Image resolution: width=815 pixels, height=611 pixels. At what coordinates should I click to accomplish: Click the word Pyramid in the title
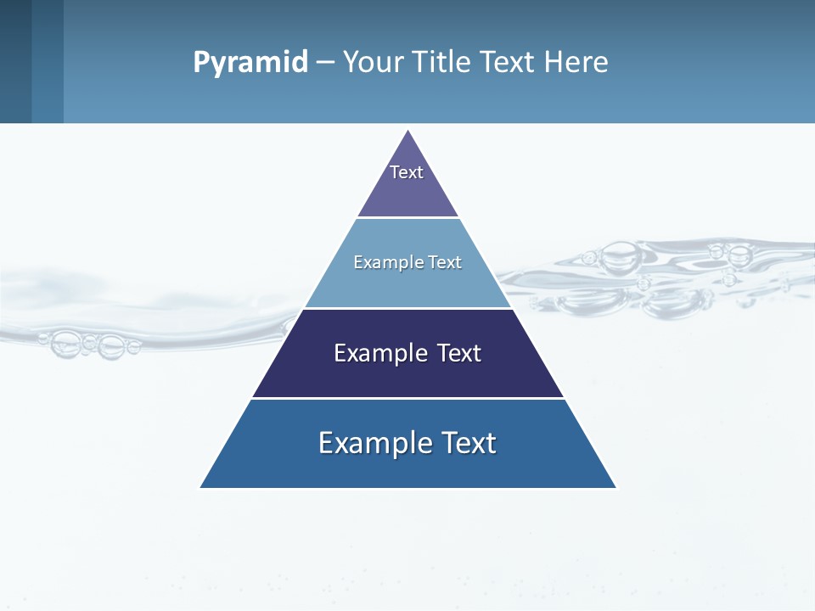point(250,63)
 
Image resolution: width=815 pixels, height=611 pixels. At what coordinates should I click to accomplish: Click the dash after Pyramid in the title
point(325,63)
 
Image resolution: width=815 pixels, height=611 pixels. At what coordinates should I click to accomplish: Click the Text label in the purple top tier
point(407,172)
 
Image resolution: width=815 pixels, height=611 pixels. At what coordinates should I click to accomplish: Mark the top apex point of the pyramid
point(408,131)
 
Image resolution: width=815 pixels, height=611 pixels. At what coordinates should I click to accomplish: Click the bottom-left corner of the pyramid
point(201,487)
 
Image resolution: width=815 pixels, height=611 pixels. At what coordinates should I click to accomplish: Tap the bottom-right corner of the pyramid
point(615,487)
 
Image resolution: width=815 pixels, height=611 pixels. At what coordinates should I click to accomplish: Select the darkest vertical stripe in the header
point(15,61)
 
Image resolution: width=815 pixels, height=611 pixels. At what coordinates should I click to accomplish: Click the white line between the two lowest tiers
point(407,398)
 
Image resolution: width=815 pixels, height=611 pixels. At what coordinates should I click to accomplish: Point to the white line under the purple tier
point(407,217)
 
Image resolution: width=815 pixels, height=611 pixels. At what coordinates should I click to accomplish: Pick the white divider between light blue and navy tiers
point(407,308)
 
